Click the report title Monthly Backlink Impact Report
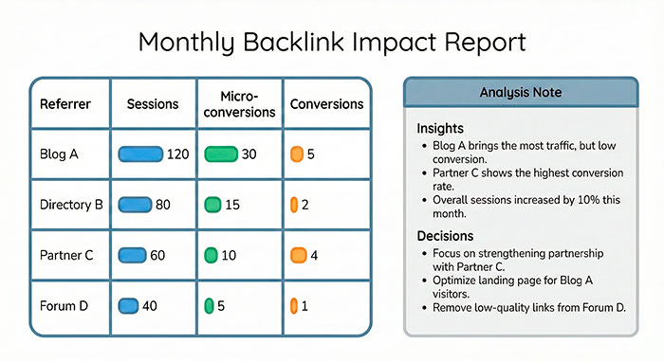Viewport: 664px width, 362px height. point(331,43)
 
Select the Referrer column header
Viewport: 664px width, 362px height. point(65,103)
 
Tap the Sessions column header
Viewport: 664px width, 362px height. point(153,103)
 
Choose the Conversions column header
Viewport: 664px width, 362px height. point(324,103)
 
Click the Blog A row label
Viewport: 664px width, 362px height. point(59,154)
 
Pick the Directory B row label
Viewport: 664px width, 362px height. point(71,204)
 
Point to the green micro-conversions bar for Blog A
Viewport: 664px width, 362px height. point(221,154)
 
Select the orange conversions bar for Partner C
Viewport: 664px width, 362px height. point(299,255)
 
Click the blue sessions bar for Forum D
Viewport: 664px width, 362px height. point(128,305)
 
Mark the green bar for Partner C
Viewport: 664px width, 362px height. point(212,255)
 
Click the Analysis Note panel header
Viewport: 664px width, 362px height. point(521,93)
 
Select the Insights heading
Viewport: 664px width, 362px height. point(442,128)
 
